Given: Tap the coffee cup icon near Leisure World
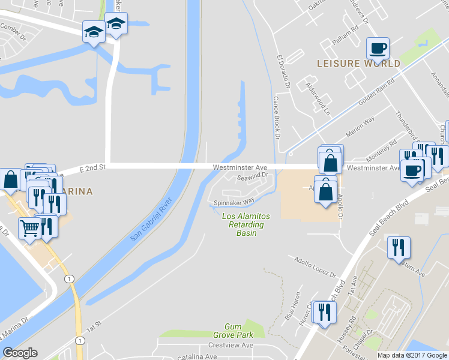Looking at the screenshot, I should (378, 47).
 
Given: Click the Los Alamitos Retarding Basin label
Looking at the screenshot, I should (246, 224).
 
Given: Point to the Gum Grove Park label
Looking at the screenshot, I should (233, 330).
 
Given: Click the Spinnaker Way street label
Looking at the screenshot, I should (234, 203).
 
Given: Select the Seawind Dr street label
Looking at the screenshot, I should (252, 176).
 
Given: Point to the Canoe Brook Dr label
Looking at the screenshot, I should (277, 117).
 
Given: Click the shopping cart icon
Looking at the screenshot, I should (30, 227).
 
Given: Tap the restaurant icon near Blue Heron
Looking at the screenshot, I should (324, 312).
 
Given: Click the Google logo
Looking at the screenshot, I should (20, 353).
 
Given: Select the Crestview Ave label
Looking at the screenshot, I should (231, 346).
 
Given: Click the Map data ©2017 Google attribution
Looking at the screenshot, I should (412, 355).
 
